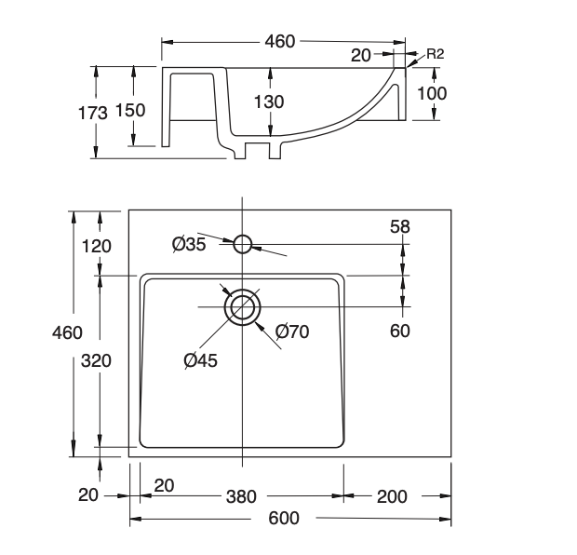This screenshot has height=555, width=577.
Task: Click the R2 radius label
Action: [x=434, y=54]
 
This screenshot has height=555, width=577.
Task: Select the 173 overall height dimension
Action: [x=91, y=112]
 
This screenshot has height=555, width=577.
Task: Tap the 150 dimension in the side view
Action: [x=129, y=110]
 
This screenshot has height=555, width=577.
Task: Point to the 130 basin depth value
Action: [x=268, y=102]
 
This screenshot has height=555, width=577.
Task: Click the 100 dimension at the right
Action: [x=432, y=93]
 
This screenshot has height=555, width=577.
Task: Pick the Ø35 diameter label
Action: [x=189, y=244]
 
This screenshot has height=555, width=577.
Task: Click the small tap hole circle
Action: [x=242, y=244]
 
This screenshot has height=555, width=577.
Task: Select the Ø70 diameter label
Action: [x=292, y=331]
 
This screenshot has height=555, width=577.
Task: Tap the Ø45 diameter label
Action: [x=200, y=360]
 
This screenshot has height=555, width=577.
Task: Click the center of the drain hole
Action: [x=242, y=306]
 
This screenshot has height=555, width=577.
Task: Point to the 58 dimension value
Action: [x=401, y=226]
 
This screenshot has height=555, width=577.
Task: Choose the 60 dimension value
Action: [x=400, y=331]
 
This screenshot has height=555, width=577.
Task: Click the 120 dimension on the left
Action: [x=97, y=246]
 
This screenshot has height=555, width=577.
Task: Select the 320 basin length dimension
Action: [x=97, y=361]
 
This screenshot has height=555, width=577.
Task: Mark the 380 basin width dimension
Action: [x=241, y=496]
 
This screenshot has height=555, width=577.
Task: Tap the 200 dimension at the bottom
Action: [x=392, y=496]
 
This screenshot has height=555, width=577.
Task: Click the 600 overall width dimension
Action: [x=284, y=518]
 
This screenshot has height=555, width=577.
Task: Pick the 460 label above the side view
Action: [x=279, y=41]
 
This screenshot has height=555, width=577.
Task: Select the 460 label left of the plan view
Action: [x=67, y=332]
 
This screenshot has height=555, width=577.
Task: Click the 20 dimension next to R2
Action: [x=361, y=55]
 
